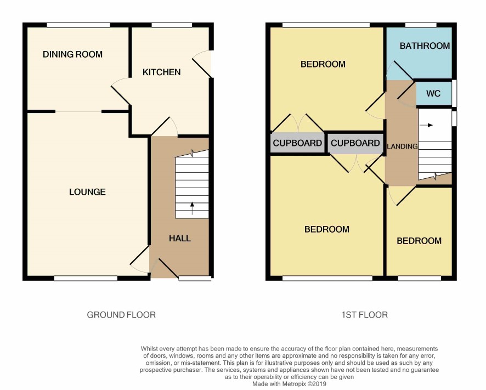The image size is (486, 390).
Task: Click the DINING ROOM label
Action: pyautogui.click(x=72, y=54)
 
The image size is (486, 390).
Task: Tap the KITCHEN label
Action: pyautogui.click(x=161, y=72)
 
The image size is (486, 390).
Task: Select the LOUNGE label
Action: pyautogui.click(x=87, y=192)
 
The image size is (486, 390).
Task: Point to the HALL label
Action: pyautogui.click(x=180, y=238)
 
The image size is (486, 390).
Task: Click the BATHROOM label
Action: pyautogui.click(x=425, y=46)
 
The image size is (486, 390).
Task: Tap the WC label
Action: pyautogui.click(x=433, y=93)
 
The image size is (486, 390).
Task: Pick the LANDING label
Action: pyautogui.click(x=402, y=146)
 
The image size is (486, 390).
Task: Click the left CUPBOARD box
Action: pyautogui.click(x=297, y=143)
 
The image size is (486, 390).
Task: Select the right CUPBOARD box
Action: pyautogui.click(x=355, y=143)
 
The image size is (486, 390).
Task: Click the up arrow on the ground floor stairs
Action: pyautogui.click(x=192, y=208)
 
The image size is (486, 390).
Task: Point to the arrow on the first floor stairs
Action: pyautogui.click(x=426, y=125)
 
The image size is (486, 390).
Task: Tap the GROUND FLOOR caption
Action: pyautogui.click(x=121, y=315)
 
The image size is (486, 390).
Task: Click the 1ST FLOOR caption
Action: pyautogui.click(x=364, y=315)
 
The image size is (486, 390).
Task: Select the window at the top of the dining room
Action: pyautogui.click(x=78, y=25)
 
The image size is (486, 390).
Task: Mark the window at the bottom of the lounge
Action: pyautogui.click(x=86, y=279)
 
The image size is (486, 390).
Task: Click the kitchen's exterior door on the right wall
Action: pyautogui.click(x=202, y=64)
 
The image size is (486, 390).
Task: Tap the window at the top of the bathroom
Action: pyautogui.click(x=421, y=25)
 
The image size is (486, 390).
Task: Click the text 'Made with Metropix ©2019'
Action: pyautogui.click(x=289, y=384)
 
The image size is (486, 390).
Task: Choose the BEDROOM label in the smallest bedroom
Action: pyautogui.click(x=419, y=241)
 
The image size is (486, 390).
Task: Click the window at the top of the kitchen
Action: pyautogui.click(x=172, y=25)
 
